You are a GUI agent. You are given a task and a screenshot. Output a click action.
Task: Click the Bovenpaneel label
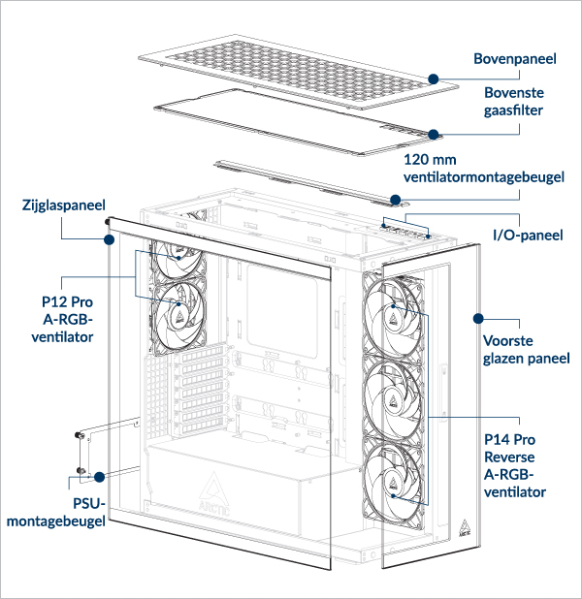pos(514,59)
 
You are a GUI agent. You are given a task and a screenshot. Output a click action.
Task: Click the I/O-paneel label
pos(528,235)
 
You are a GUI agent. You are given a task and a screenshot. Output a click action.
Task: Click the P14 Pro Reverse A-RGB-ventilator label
pos(514,465)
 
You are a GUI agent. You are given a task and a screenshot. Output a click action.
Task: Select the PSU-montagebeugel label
pos(54,513)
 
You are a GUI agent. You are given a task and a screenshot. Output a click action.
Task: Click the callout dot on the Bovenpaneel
pos(434,77)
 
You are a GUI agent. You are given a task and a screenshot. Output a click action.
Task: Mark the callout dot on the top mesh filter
pos(435,134)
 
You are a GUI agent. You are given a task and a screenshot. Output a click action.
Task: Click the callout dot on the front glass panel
pos(477,317)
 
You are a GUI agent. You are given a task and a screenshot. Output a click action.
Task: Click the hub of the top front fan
pos(394,311)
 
